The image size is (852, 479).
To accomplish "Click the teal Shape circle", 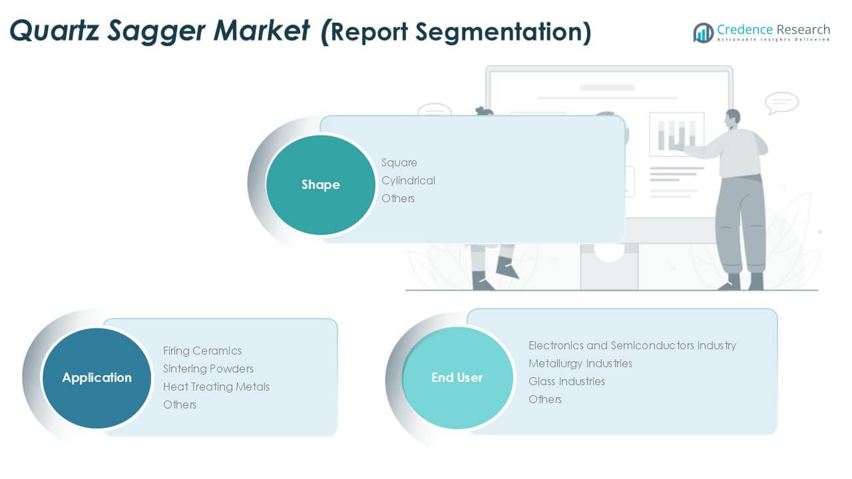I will tap(320, 184).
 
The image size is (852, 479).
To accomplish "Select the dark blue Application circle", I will tap(97, 378).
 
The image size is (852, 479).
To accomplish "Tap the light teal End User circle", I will tap(457, 378).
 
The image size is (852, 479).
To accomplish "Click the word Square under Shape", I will tap(399, 162).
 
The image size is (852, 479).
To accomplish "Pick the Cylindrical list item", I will tap(408, 180).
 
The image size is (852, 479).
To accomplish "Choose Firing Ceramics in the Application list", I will tap(202, 351).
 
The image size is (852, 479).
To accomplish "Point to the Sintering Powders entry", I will tap(208, 369).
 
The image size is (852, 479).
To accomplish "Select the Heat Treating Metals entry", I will tap(216, 387).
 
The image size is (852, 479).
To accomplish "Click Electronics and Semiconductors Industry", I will tap(632, 345).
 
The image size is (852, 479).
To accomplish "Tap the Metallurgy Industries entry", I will tap(580, 363).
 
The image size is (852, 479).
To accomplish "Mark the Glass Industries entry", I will tap(567, 381).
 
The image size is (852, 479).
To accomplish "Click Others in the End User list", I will tap(545, 399).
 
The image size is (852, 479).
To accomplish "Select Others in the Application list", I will tap(180, 404).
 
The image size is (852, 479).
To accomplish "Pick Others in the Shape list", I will tap(398, 198).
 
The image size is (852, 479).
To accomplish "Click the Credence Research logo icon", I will tap(703, 32).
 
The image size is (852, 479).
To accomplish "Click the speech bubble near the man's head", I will tap(781, 102).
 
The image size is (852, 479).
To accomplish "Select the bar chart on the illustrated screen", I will tap(676, 134).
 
